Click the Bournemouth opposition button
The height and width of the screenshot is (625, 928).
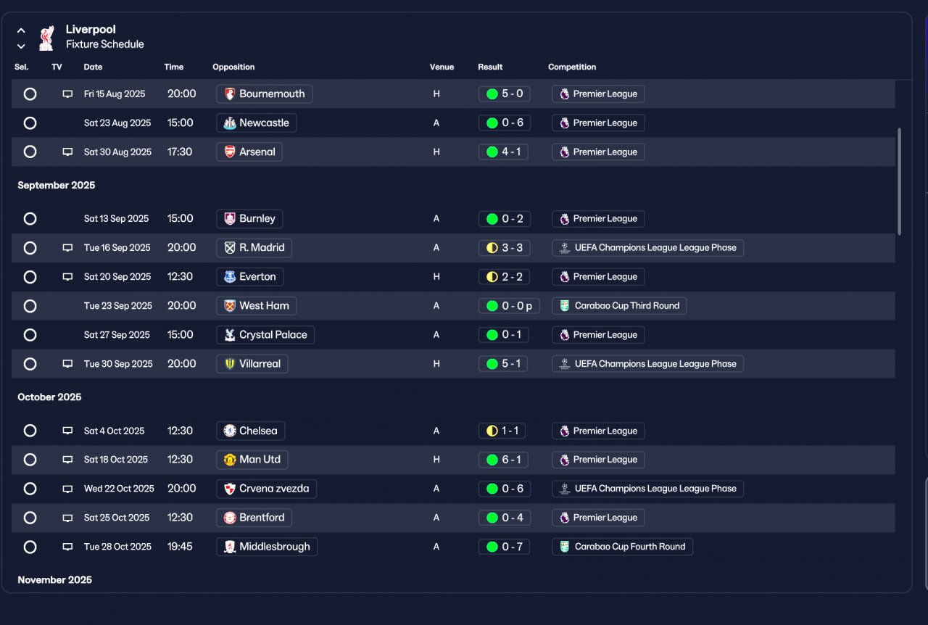pyautogui.click(x=265, y=94)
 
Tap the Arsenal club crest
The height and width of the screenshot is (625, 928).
pyautogui.click(x=230, y=152)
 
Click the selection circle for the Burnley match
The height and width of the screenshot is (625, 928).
pyautogui.click(x=30, y=219)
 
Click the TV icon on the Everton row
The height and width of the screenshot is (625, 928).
pyautogui.click(x=67, y=277)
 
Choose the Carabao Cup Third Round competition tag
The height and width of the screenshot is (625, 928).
pyautogui.click(x=619, y=306)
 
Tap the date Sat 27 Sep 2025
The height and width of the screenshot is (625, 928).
pyautogui.click(x=117, y=335)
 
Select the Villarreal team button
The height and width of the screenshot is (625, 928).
pyautogui.click(x=252, y=364)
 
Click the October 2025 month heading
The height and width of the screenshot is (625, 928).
pyautogui.click(x=49, y=397)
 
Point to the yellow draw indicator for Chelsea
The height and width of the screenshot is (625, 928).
pyautogui.click(x=492, y=431)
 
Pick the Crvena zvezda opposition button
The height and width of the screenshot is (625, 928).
pyautogui.click(x=266, y=489)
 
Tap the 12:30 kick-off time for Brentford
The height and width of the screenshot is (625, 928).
pyautogui.click(x=180, y=518)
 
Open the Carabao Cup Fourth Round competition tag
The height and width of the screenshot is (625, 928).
pyautogui.click(x=622, y=547)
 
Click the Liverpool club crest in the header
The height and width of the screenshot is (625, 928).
pyautogui.click(x=46, y=38)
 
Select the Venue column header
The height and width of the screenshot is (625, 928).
pyautogui.click(x=442, y=67)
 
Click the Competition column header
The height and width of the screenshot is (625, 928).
pyautogui.click(x=572, y=67)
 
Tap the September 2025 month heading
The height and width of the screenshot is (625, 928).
pyautogui.click(x=57, y=186)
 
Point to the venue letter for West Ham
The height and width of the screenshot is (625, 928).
pyautogui.click(x=436, y=306)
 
